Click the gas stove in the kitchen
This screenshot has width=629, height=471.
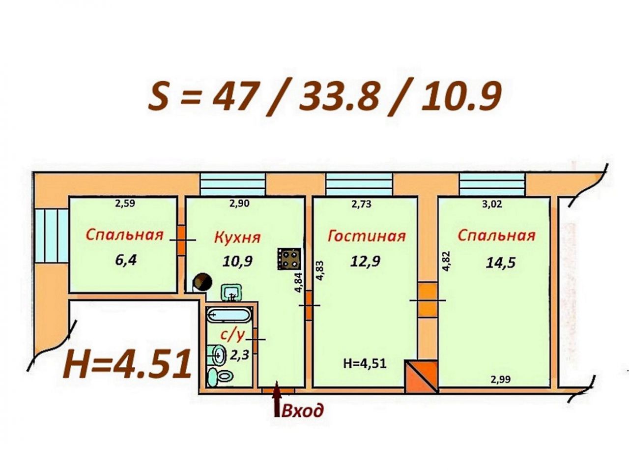coord(289,259)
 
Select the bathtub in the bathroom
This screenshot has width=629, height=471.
coord(229,315)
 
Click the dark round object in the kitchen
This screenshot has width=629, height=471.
coord(202,282)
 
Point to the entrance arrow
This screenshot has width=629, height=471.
coord(277,399)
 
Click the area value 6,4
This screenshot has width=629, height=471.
coord(126,260)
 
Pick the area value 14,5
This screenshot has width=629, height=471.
coord(501,263)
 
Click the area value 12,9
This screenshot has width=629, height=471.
coord(365,261)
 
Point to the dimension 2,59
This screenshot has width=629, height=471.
coord(125,204)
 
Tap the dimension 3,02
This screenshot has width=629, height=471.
coord(492,204)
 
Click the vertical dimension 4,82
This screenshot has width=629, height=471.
coord(446,261)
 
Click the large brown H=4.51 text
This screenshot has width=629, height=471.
coord(127,365)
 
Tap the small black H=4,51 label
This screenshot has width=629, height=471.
coord(365,363)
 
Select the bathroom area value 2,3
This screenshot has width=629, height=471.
coord(240,355)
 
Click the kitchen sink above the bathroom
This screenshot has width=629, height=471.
coord(231,293)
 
